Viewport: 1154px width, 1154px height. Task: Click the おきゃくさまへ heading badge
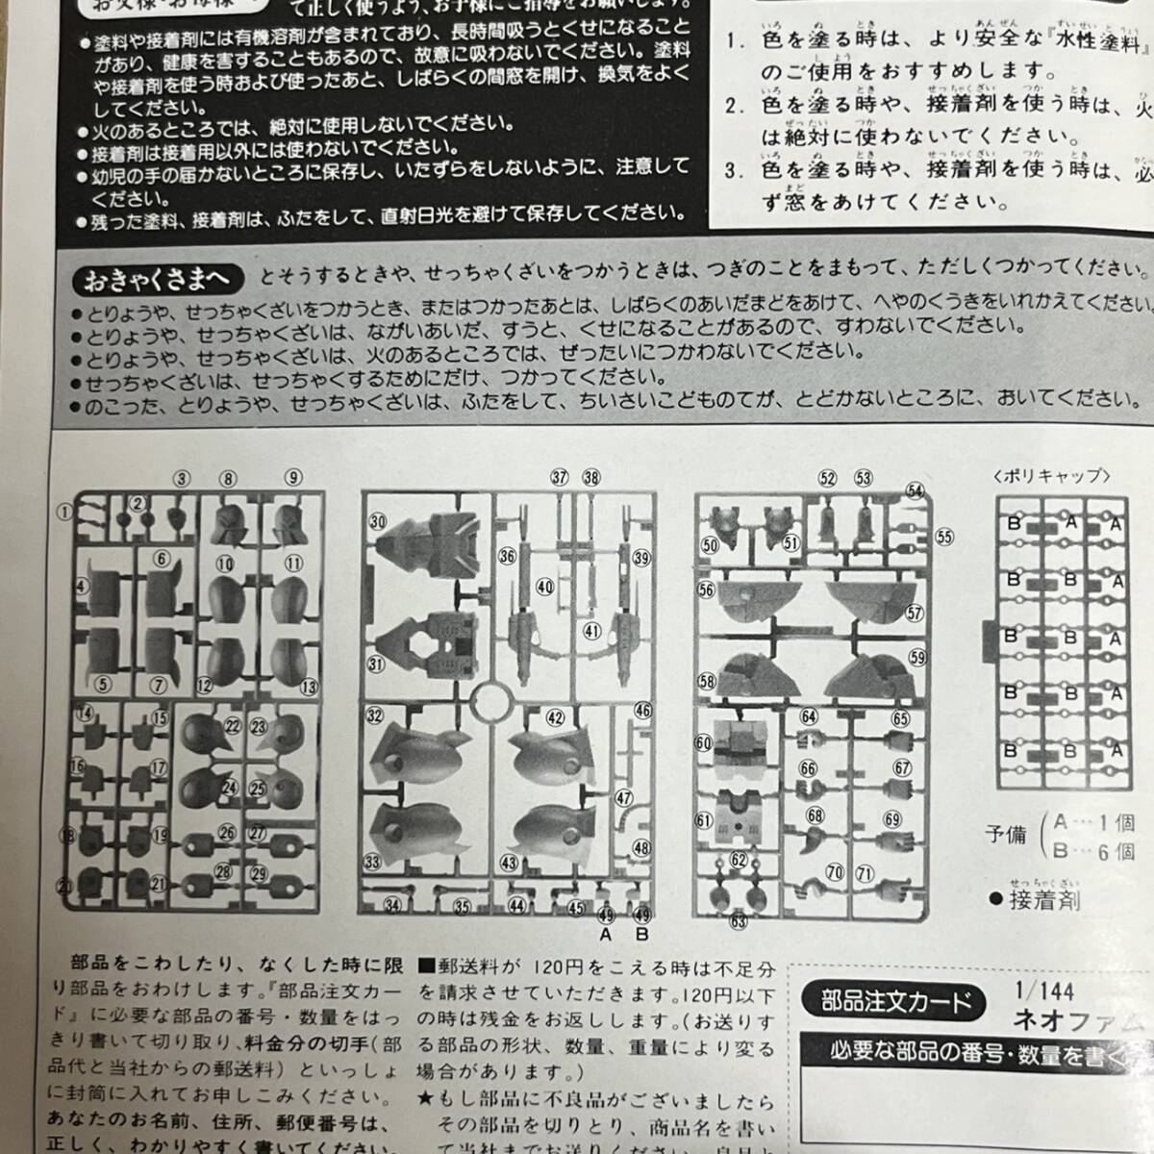[154, 280]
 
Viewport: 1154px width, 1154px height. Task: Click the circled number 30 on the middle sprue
[377, 520]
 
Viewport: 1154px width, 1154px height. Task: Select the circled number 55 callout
[944, 537]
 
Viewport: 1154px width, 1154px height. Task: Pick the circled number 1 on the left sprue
[64, 513]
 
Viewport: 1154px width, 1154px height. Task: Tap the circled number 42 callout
[555, 717]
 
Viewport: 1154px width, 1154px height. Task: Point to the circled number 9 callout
[293, 477]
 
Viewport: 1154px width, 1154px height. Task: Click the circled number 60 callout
[703, 743]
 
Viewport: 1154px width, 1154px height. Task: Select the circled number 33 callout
[372, 862]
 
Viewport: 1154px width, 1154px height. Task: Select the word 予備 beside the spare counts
[1005, 835]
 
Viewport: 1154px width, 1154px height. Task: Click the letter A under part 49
[606, 934]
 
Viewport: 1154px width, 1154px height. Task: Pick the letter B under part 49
[642, 934]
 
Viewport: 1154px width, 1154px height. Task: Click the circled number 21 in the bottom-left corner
[66, 886]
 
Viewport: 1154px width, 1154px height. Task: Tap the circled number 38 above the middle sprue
[590, 477]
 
